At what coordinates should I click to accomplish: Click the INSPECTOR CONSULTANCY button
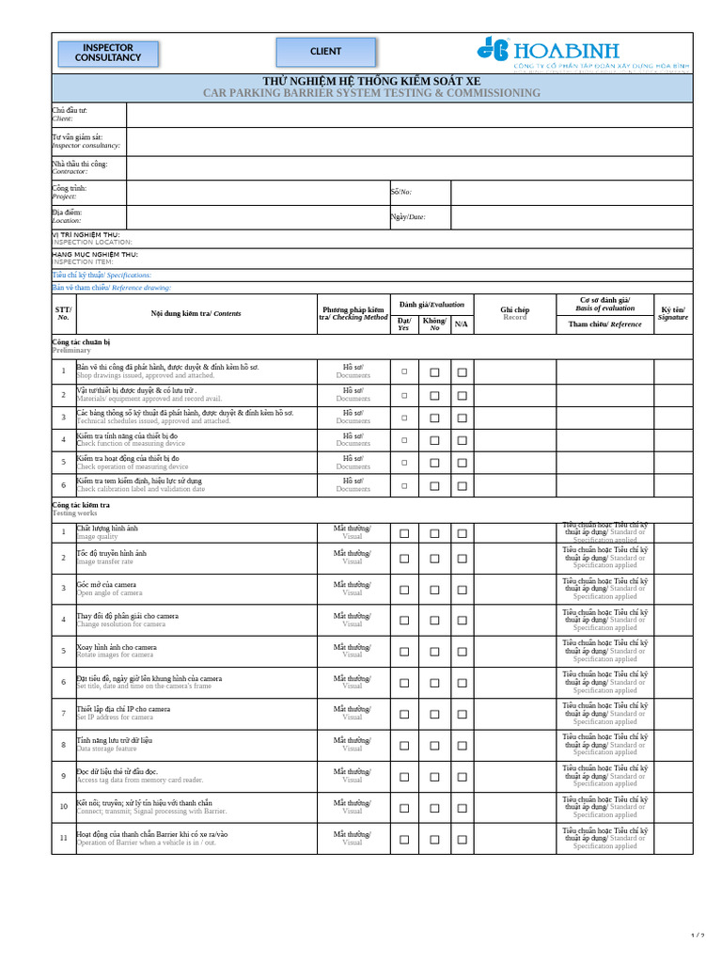click(108, 53)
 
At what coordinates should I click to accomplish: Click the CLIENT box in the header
click(325, 52)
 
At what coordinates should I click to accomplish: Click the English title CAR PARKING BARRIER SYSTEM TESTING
click(371, 93)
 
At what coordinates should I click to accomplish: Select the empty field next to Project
click(258, 192)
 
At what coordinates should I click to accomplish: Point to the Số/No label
click(401, 192)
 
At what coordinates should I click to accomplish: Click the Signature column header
click(673, 314)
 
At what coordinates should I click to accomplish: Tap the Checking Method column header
click(353, 314)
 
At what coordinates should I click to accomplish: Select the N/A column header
click(462, 324)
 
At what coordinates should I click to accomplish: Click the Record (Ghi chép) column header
click(515, 314)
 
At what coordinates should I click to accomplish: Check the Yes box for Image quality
click(404, 533)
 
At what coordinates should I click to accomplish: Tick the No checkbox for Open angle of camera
click(434, 590)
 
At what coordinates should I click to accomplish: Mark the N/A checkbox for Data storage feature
click(462, 746)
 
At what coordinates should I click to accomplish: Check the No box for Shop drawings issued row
click(434, 372)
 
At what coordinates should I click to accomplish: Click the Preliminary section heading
click(71, 350)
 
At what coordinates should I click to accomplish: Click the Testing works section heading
click(74, 513)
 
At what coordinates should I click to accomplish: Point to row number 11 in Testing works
click(63, 838)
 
